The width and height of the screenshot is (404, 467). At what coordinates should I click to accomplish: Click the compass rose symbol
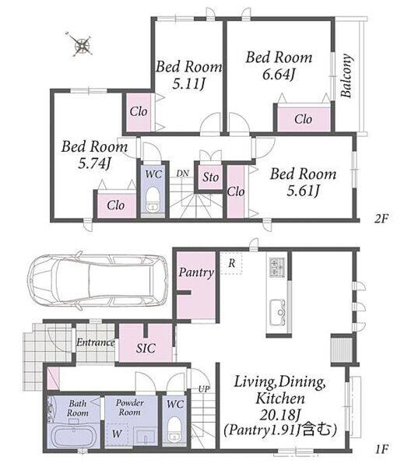pyautogui.click(x=81, y=44)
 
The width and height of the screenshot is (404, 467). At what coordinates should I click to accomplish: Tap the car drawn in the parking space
pyautogui.click(x=98, y=281)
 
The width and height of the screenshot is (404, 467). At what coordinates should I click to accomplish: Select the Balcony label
pyautogui.click(x=346, y=75)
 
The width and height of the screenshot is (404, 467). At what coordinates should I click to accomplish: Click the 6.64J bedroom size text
pyautogui.click(x=278, y=74)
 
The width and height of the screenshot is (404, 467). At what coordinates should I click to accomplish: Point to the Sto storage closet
pyautogui.click(x=210, y=177)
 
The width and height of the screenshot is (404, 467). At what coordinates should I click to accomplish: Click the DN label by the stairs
pyautogui.click(x=182, y=174)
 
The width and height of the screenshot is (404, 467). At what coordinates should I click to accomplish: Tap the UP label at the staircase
pyautogui.click(x=204, y=388)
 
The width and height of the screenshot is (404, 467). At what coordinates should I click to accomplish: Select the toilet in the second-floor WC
pyautogui.click(x=153, y=198)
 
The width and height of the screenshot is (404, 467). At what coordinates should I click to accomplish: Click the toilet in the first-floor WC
pyautogui.click(x=174, y=429)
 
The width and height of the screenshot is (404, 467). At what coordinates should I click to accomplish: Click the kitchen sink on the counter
pyautogui.click(x=278, y=313)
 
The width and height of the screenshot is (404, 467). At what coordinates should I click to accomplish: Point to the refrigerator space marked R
pyautogui.click(x=231, y=263)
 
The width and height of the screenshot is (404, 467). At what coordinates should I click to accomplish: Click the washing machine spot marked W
pyautogui.click(x=117, y=434)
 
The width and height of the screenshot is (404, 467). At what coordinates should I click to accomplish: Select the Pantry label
pyautogui.click(x=196, y=272)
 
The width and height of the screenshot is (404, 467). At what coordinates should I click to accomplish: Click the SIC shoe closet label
pyautogui.click(x=146, y=348)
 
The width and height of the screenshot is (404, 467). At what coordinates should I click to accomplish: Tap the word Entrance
pyautogui.click(x=95, y=342)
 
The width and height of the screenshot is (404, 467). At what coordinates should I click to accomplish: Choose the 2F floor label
pyautogui.click(x=381, y=219)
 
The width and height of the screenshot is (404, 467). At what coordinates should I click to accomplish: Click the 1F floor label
pyautogui.click(x=381, y=449)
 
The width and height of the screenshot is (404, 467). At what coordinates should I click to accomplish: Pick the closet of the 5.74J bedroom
pyautogui.click(x=116, y=205)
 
